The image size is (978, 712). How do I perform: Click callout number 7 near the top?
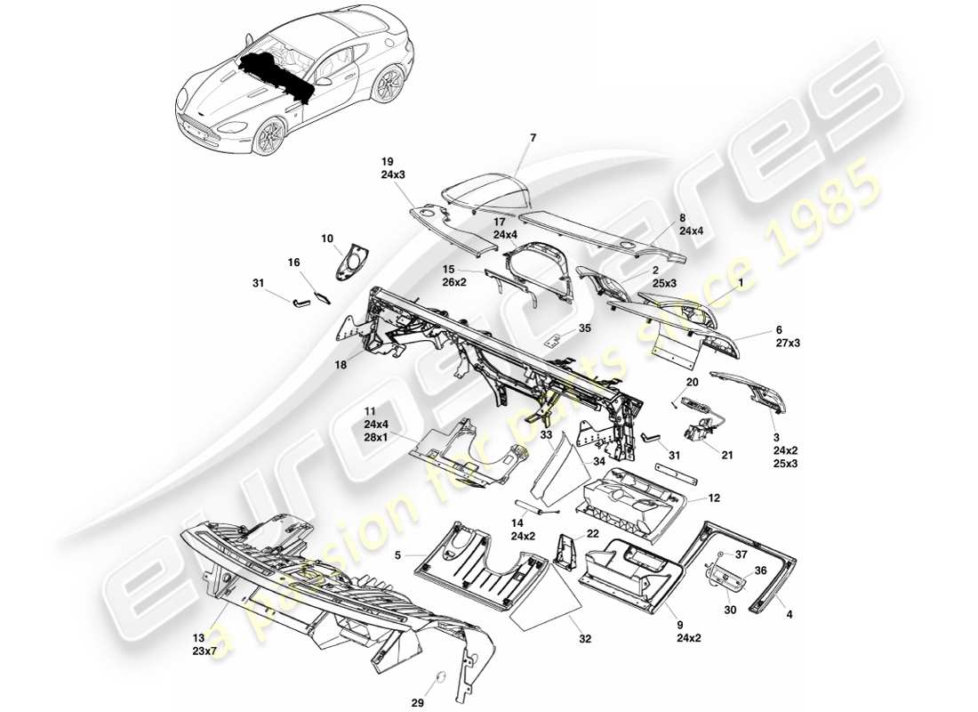[x=533, y=138]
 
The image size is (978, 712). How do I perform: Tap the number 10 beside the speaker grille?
[x=327, y=239]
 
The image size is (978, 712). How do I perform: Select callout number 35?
[x=584, y=328]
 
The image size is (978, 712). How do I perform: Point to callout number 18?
[x=341, y=364]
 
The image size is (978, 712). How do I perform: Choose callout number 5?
[x=399, y=556]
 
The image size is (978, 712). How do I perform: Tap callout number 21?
[x=727, y=455]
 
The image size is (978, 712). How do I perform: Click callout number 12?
[x=713, y=498]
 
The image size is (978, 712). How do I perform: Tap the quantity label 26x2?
[x=455, y=282]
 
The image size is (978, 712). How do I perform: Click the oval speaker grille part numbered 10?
[x=354, y=261]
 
